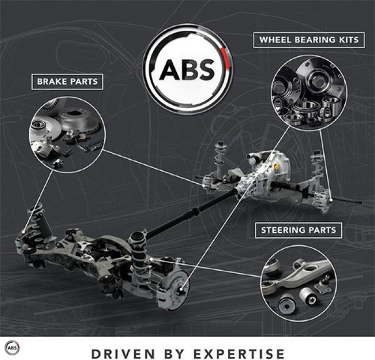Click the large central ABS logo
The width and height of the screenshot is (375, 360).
(187, 69)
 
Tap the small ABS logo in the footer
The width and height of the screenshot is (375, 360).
(12, 348)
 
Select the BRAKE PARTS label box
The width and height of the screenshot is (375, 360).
(67, 82)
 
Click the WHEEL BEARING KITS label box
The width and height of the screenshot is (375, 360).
(309, 40)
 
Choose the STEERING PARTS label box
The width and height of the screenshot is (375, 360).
(298, 230)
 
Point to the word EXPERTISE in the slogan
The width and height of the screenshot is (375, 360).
(239, 354)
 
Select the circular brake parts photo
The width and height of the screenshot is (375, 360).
(67, 135)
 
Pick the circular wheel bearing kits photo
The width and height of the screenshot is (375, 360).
(309, 93)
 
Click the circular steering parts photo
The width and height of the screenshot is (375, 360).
(298, 283)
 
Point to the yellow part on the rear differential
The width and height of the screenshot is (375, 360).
(277, 167)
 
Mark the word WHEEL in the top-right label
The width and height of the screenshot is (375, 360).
(275, 40)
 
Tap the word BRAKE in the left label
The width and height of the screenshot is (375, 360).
(52, 82)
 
